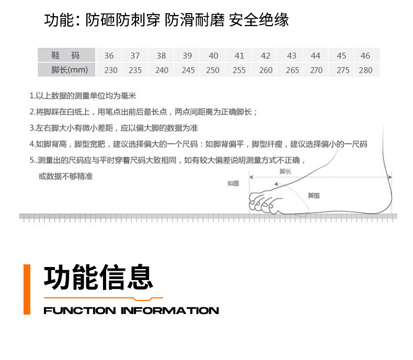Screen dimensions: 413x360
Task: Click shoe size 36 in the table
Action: [109, 56]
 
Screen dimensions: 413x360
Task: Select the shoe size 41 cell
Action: [239, 56]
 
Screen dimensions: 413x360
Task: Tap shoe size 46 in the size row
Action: [365, 56]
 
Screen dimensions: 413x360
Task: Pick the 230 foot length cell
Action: [111, 70]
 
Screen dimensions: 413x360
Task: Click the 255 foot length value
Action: [239, 70]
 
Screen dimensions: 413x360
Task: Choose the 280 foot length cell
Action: [365, 70]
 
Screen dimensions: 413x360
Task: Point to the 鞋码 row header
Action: [66, 56]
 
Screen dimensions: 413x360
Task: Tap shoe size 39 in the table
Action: [187, 56]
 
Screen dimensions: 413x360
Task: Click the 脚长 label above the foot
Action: [285, 171]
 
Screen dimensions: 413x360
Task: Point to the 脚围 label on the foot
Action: [314, 195]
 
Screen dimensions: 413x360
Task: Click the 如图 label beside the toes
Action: [233, 183]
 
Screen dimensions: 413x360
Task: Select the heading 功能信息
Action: [98, 277]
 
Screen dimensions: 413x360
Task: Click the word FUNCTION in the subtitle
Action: [79, 311]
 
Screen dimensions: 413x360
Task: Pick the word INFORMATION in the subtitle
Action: [170, 311]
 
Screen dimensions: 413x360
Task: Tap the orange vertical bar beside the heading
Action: [27, 289]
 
